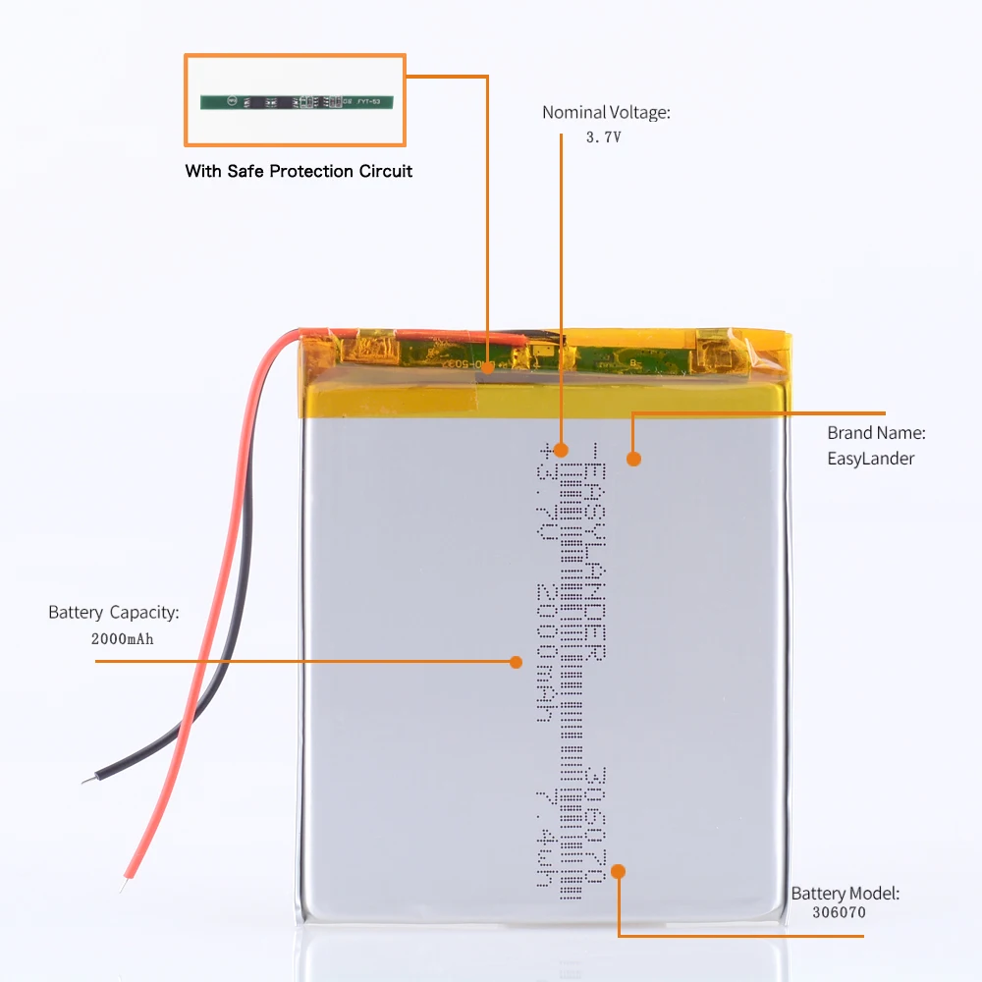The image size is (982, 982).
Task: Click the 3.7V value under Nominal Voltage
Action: (604, 138)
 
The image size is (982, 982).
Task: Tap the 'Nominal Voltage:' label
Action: (606, 113)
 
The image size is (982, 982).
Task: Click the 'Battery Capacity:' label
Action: (114, 613)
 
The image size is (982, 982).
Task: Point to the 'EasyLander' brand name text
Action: (871, 458)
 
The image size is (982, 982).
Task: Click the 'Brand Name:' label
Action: (876, 432)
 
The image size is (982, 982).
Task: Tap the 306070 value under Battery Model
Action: (840, 913)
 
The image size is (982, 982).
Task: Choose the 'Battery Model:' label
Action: (845, 894)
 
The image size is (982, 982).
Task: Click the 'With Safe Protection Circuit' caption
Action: (299, 171)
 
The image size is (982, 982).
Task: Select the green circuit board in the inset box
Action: (297, 100)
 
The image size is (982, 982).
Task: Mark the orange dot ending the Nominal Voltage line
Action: (561, 450)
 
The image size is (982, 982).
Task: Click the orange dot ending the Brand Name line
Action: (634, 458)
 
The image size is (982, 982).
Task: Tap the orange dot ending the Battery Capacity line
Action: (516, 662)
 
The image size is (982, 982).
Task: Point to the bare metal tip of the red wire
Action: (123, 886)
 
